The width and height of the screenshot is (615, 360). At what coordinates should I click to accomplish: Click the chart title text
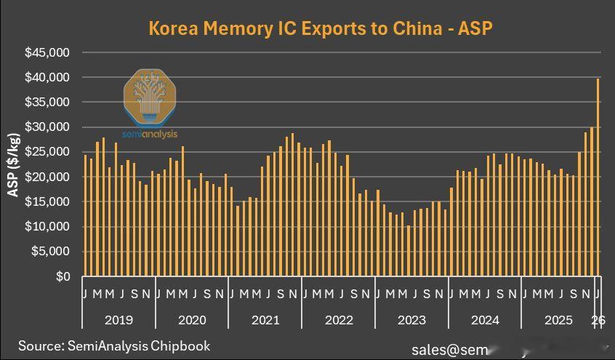click(321, 28)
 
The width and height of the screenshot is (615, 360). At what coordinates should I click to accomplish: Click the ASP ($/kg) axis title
click(13, 165)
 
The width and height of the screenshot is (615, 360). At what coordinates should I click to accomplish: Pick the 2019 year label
click(119, 320)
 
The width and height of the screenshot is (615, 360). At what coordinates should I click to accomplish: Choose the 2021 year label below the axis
click(265, 320)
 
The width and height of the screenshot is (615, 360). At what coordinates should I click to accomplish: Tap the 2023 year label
click(411, 320)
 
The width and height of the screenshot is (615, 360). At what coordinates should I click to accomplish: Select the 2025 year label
click(558, 320)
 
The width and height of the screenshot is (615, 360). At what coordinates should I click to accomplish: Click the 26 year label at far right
click(598, 320)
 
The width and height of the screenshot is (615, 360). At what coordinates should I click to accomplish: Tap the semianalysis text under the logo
click(150, 134)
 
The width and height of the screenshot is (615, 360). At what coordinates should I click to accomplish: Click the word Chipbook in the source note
click(180, 345)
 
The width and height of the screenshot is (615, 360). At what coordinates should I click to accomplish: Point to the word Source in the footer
click(41, 345)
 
